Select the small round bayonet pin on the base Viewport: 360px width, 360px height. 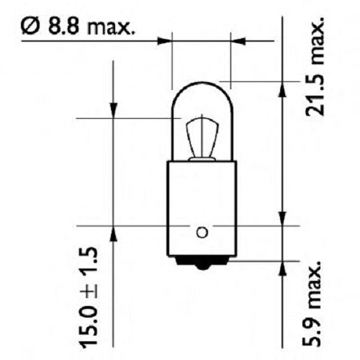click(x=202, y=232)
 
